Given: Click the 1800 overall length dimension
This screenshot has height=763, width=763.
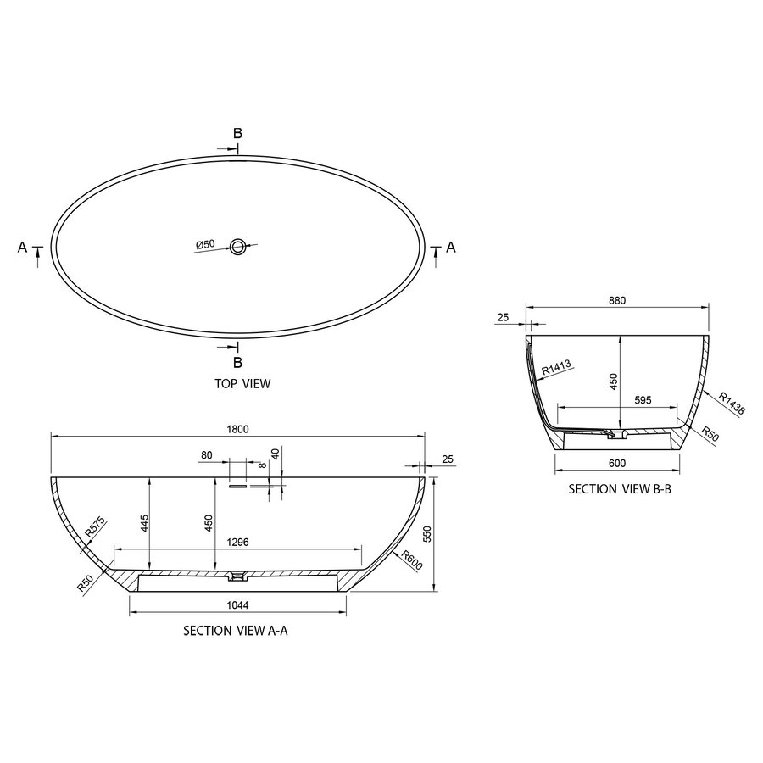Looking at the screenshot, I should click(x=239, y=429).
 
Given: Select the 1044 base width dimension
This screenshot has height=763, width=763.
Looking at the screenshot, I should click(x=237, y=604).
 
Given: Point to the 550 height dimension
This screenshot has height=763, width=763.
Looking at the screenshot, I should click(x=427, y=533).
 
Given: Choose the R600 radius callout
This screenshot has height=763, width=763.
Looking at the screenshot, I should click(x=413, y=560).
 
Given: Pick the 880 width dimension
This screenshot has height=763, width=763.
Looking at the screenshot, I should click(x=616, y=300).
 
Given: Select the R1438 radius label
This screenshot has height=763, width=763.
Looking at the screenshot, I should click(x=732, y=404).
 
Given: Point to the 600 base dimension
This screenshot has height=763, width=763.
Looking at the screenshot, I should click(x=616, y=463).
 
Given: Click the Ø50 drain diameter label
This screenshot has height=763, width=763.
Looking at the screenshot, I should click(x=205, y=245).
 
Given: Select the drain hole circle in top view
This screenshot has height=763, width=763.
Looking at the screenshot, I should click(x=239, y=248).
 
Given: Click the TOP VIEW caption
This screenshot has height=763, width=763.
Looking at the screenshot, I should click(x=243, y=383).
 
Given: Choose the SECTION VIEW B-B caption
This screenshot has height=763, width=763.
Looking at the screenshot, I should click(x=619, y=489).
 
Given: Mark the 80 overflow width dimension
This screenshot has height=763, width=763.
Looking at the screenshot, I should click(x=206, y=455).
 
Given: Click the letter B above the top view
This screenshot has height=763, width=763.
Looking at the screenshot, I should click(x=238, y=133).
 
